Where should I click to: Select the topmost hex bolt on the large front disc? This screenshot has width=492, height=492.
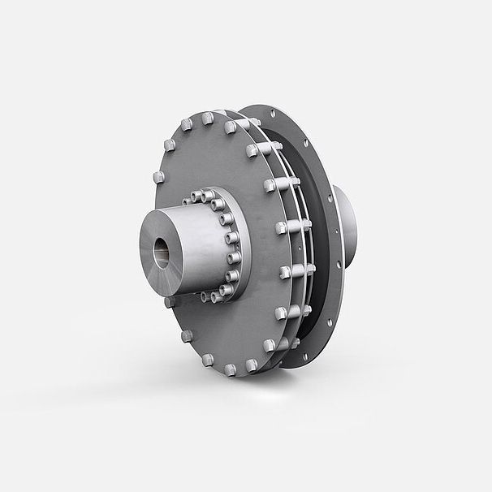click(208, 119)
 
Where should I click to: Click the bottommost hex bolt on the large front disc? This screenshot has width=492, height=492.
click(230, 369)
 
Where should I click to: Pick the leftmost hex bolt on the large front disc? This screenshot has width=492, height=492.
click(157, 177)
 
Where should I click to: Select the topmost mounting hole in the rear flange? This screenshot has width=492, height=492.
click(272, 114)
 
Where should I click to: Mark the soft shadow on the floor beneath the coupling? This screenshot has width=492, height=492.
click(244, 390)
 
